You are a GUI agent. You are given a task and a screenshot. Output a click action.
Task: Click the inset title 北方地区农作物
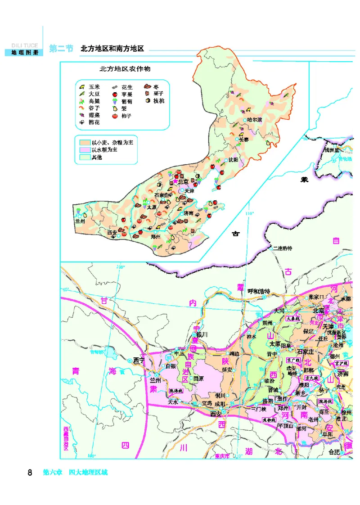click(x=125, y=69)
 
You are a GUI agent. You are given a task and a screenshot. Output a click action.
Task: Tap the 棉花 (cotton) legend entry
click(x=94, y=122)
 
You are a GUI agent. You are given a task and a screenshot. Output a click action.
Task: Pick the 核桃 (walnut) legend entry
click(x=158, y=101)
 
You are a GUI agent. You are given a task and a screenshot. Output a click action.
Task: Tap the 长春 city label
click(x=243, y=140)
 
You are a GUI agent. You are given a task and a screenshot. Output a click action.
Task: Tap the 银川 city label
click(x=201, y=335)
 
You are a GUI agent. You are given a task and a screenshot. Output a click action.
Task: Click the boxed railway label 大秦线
click(x=293, y=318)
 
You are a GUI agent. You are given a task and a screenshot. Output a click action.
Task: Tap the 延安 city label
click(x=227, y=370)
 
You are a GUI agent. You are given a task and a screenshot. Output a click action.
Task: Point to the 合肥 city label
click(x=334, y=451)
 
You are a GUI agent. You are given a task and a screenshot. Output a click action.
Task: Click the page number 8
click(x=30, y=473)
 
